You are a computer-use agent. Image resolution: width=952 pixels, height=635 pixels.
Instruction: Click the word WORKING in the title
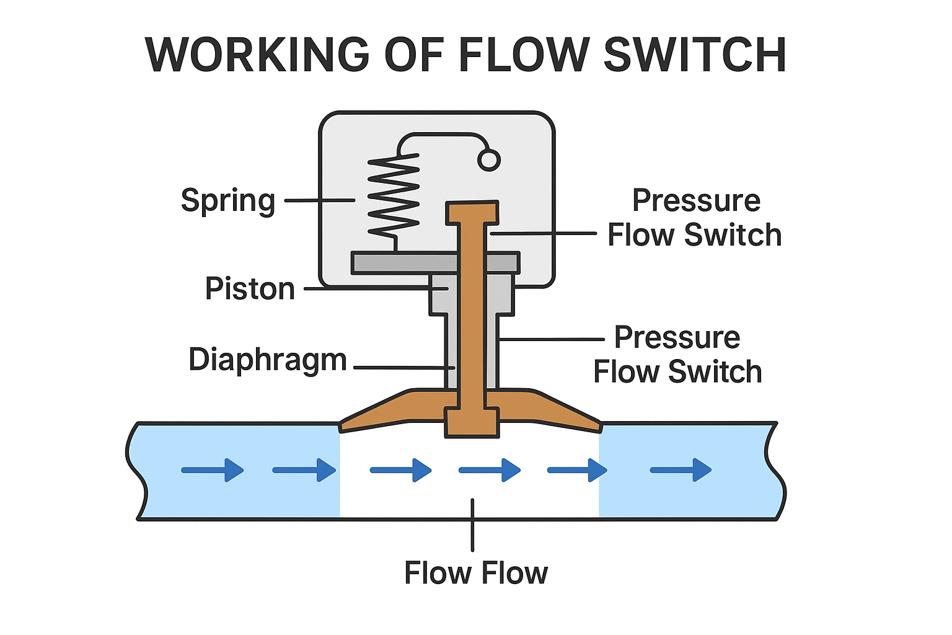click(257, 55)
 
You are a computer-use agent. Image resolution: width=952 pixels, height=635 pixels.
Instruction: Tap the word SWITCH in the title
click(695, 55)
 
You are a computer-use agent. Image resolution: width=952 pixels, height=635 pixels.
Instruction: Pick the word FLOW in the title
click(524, 55)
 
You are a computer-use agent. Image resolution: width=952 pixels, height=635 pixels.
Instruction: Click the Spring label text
click(227, 200)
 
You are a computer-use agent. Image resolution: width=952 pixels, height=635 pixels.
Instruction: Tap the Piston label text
click(250, 289)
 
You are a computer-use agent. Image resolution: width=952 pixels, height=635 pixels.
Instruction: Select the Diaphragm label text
click(267, 360)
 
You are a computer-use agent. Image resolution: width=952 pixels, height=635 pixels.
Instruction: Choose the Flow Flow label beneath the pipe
click(476, 573)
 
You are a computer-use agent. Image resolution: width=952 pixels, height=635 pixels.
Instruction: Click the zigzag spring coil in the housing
click(394, 195)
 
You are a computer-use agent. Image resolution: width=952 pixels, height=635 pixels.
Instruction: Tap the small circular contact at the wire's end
click(488, 161)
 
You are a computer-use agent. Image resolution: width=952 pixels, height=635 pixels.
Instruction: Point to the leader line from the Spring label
click(319, 200)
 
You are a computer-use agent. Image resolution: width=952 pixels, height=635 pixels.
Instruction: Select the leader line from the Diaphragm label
click(403, 367)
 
